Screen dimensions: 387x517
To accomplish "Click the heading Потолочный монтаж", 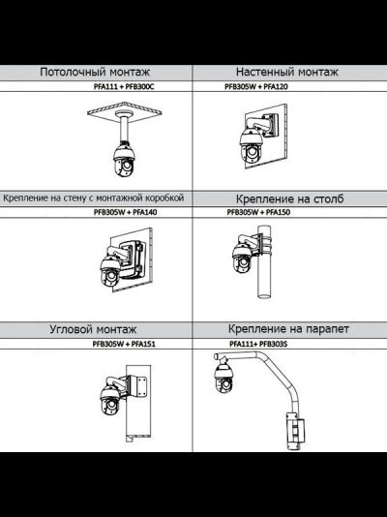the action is click(95, 72).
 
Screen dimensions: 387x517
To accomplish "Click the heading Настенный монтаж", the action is click(287, 72).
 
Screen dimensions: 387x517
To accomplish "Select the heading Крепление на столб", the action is click(290, 198).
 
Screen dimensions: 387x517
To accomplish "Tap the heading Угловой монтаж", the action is click(93, 329).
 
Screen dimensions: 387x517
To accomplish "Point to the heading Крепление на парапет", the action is click(288, 329).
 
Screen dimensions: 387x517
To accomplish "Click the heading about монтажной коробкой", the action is click(94, 198).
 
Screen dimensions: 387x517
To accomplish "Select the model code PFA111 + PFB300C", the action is click(124, 87).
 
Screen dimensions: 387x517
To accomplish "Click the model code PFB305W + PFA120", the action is click(256, 87).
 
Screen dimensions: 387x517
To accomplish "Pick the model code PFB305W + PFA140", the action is click(125, 212).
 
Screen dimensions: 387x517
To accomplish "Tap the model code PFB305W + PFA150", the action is click(258, 212).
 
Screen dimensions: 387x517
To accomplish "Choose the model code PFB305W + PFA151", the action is click(124, 345).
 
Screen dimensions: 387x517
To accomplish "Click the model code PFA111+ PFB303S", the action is click(258, 345).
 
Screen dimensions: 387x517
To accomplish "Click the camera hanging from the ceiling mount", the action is click(124, 159).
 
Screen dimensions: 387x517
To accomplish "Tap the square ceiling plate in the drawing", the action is click(125, 112).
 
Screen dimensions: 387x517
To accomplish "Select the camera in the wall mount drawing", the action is click(251, 144).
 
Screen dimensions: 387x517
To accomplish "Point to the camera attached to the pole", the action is click(242, 258).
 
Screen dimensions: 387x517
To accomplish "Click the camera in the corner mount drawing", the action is click(110, 400).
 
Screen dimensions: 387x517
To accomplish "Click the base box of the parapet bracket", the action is click(295, 431).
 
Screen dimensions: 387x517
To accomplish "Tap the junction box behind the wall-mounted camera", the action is click(133, 258).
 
